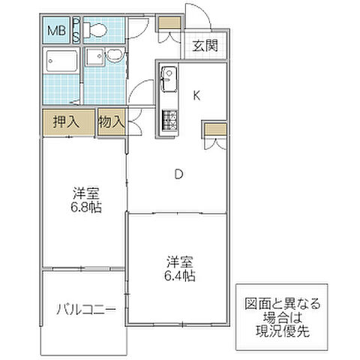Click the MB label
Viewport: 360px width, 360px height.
[x=57, y=31]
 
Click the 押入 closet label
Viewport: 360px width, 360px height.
[x=67, y=121]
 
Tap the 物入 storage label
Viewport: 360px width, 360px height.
[x=111, y=121]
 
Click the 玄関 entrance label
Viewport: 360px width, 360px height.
[x=205, y=45]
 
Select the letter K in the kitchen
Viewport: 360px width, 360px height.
[x=197, y=95]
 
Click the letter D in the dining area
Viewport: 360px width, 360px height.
[x=179, y=175]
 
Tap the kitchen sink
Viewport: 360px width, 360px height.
[x=167, y=78]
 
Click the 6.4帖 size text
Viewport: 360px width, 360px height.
[x=181, y=276]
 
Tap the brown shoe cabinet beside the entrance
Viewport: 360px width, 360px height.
[x=169, y=22]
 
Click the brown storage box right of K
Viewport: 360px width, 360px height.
[x=214, y=130]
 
